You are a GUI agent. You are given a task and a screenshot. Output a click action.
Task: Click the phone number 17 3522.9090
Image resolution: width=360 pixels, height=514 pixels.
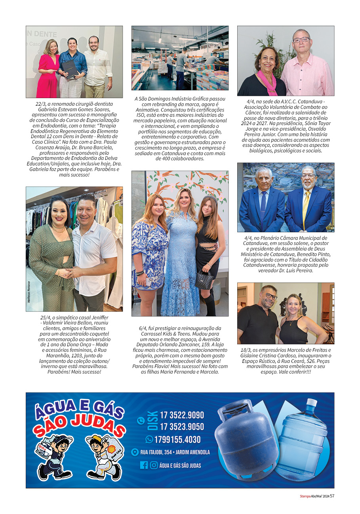coord(182,415)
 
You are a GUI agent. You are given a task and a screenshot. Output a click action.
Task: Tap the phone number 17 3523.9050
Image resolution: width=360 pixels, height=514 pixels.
coord(182,427)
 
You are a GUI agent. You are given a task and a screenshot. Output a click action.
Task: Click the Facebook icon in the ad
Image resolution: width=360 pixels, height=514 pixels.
coord(144,465)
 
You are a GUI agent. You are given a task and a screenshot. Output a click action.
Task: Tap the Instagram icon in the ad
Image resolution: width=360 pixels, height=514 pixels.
coord(154,465)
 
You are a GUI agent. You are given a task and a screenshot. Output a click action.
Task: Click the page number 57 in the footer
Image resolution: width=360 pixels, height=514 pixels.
coord(332,496)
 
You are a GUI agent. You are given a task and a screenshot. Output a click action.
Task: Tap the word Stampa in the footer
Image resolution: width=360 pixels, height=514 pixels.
coord(305,496)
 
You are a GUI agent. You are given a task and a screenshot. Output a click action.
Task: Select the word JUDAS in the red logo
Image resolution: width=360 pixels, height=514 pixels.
coord(99,425)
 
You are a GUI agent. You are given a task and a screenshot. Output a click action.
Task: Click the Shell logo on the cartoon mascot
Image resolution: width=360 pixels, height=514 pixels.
coord(111,449)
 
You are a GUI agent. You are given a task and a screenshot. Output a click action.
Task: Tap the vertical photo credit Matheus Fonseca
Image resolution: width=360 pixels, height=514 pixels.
coord(29,292)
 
